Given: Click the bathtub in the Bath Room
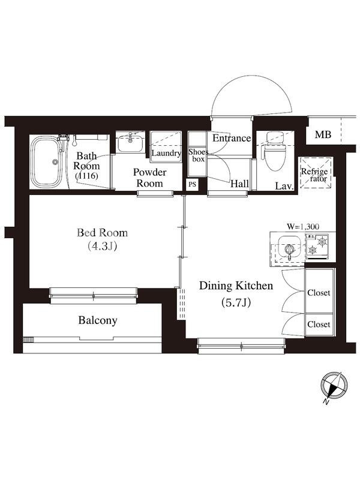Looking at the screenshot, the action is coord(47,162).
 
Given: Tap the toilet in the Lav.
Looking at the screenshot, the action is coord(274,151).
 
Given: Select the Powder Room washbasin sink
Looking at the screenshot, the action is coord(130,143).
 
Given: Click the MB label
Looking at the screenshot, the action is coord(323,134).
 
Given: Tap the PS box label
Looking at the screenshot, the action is coord(192,185).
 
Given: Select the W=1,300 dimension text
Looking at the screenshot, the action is coord(303,227).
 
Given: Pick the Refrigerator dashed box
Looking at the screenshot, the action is coord(316,173).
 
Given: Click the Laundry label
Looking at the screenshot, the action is coord(166,153).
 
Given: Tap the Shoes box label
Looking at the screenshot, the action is coord(198,155).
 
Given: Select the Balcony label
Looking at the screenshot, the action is coord(98,320).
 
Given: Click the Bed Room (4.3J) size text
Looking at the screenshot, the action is coord(102,247).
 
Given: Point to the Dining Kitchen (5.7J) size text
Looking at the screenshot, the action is coord(236,303).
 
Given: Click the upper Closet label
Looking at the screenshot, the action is coord(319,293).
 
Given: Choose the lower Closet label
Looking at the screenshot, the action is coord(319,325).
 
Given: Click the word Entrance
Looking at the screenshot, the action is coord(232,139).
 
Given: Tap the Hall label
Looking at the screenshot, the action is coord(239,184).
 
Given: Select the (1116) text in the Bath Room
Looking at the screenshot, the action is coord(87,176).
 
